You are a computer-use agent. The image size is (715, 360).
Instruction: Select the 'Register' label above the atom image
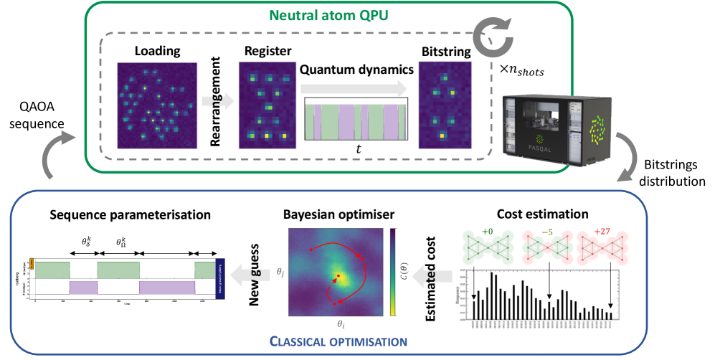(x=267, y=52)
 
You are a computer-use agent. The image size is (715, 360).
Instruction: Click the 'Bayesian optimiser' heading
(x=338, y=214)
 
